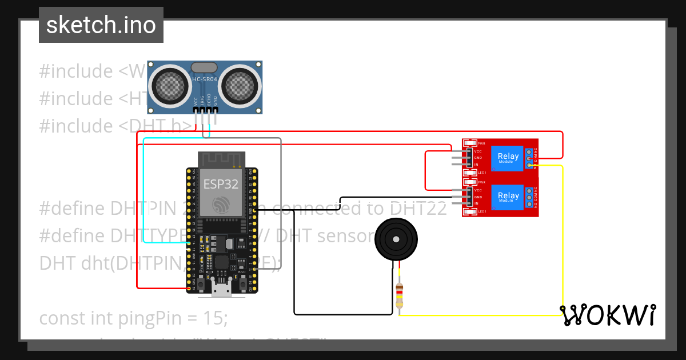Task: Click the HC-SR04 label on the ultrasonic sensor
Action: tap(204, 79)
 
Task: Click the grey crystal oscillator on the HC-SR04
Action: tap(204, 67)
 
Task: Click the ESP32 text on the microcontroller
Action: tap(221, 184)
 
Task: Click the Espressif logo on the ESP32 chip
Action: tap(221, 205)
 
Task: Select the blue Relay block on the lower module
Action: tap(508, 196)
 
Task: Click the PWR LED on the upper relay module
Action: tap(470, 143)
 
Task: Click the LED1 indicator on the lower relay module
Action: tap(470, 212)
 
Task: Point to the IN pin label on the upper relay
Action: tap(477, 165)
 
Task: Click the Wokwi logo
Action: tap(607, 315)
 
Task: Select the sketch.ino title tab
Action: tap(101, 25)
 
